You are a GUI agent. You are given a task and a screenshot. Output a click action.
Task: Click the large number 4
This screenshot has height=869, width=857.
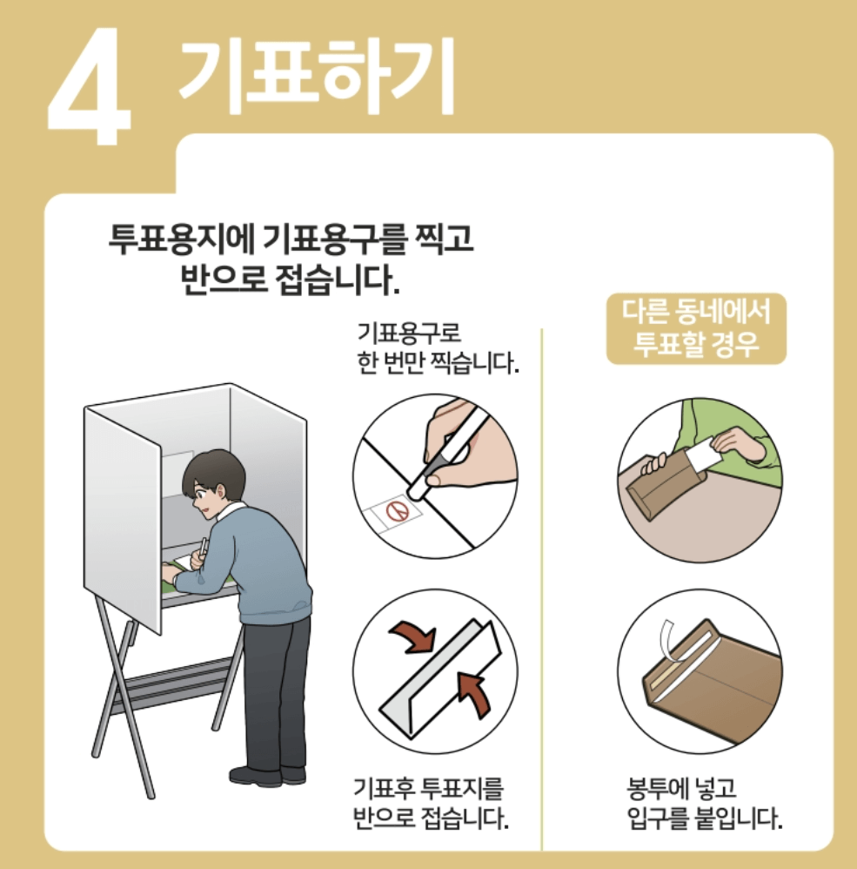(90, 88)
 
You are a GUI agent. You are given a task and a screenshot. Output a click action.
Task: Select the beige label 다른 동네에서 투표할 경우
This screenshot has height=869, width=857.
(695, 328)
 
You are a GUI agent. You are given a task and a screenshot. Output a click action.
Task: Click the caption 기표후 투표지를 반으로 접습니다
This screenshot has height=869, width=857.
(430, 805)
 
